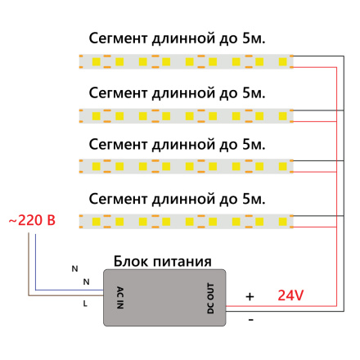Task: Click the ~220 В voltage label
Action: [x=31, y=221]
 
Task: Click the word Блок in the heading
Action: [x=133, y=260]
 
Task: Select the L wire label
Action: [x=85, y=304]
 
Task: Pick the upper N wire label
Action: [x=74, y=268]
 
